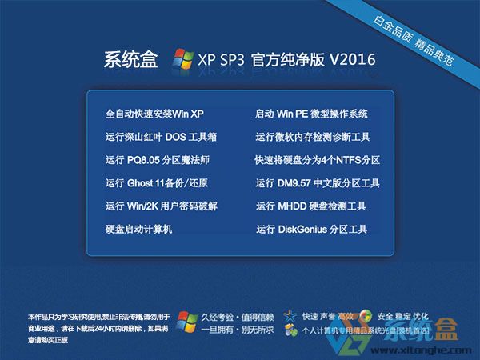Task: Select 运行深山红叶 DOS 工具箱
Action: click(161, 137)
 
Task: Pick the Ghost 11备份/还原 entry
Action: click(156, 183)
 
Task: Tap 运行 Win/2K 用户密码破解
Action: click(161, 206)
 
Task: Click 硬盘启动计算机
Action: click(138, 230)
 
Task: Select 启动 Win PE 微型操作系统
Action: click(311, 114)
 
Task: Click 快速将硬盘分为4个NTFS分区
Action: click(317, 160)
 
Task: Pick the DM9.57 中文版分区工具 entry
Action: click(318, 183)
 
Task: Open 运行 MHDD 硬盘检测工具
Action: click(310, 206)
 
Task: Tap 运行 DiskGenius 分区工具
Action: click(311, 230)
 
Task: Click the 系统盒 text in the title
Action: click(131, 60)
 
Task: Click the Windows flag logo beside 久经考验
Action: click(187, 322)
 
